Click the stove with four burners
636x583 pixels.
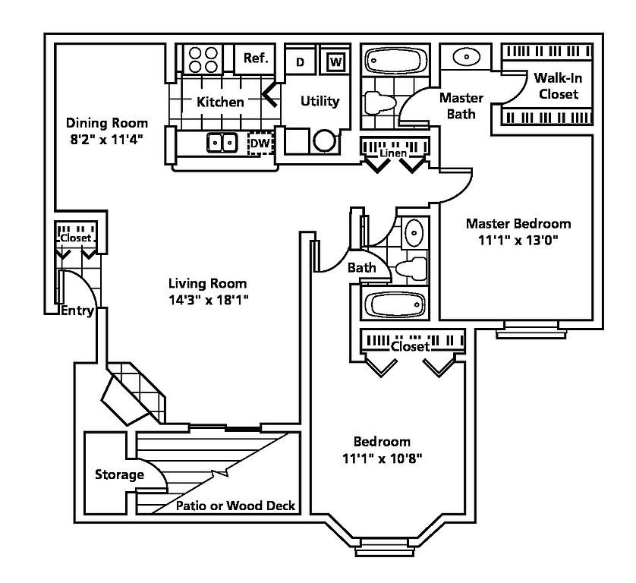[x=203, y=59]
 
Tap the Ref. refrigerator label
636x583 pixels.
[x=256, y=58]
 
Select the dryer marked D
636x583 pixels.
[x=300, y=61]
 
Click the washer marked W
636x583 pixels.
[x=335, y=61]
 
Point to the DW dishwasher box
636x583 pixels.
[x=260, y=143]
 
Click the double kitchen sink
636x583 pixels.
[x=222, y=143]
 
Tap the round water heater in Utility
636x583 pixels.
[x=325, y=140]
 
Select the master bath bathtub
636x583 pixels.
[x=395, y=61]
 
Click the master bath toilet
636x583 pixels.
[x=379, y=102]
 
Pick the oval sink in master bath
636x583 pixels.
[x=466, y=57]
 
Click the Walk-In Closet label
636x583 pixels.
[x=558, y=86]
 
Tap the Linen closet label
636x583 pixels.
[x=393, y=153]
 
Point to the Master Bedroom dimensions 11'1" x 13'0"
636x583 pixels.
[x=518, y=240]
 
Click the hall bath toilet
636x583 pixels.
[x=411, y=268]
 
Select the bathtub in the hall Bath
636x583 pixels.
[x=395, y=304]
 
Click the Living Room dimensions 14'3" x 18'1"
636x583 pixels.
[x=208, y=300]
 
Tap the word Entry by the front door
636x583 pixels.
[x=77, y=311]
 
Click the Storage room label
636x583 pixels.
[x=119, y=474]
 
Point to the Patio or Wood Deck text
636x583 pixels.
[x=236, y=506]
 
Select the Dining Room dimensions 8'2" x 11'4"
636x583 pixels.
[x=107, y=140]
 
